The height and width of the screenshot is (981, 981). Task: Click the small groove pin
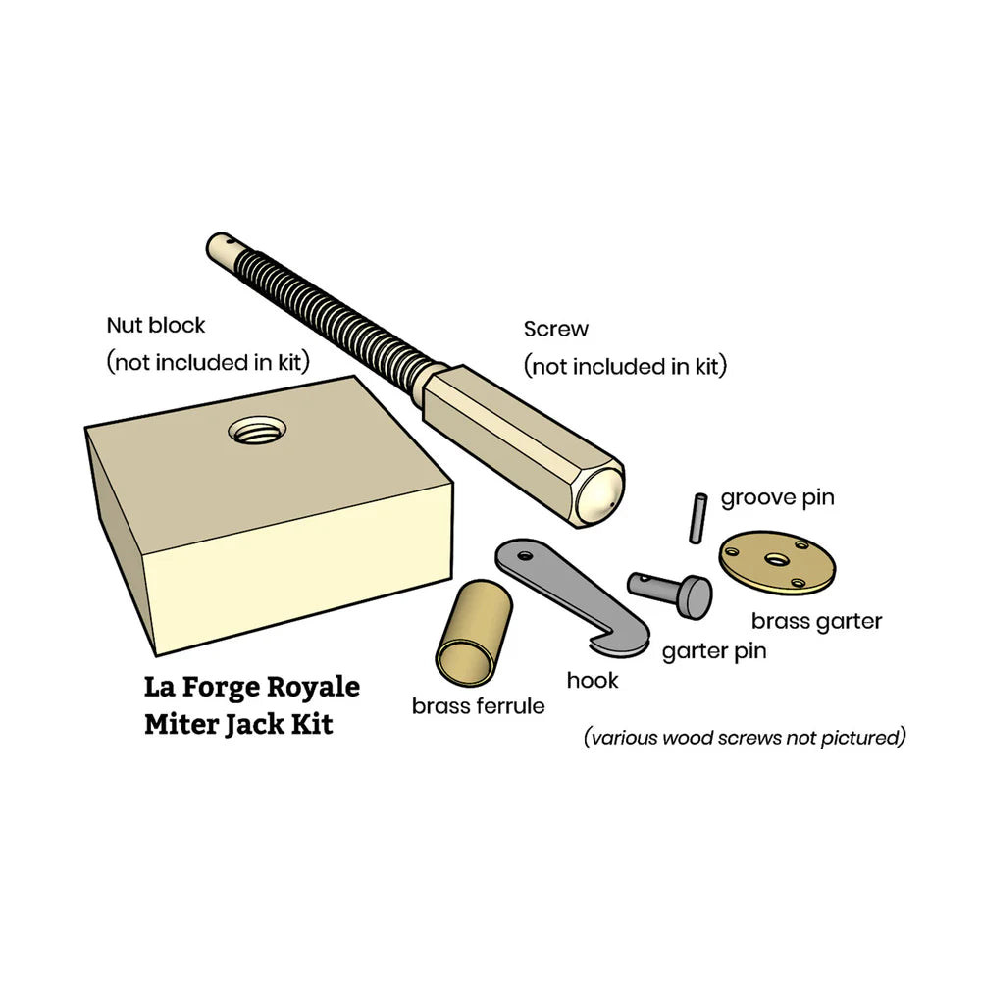(696, 516)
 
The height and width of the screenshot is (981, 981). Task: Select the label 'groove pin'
(777, 497)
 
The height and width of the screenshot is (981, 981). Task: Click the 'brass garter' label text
(816, 621)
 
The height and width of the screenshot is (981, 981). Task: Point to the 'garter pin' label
(713, 650)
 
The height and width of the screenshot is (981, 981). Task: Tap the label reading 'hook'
(593, 679)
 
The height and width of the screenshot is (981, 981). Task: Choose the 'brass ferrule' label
(478, 705)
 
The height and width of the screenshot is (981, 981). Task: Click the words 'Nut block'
(155, 324)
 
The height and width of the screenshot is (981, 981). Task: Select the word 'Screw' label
(556, 329)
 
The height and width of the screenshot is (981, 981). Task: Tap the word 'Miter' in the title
(181, 725)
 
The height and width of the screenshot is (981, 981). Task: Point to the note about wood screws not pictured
(745, 737)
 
